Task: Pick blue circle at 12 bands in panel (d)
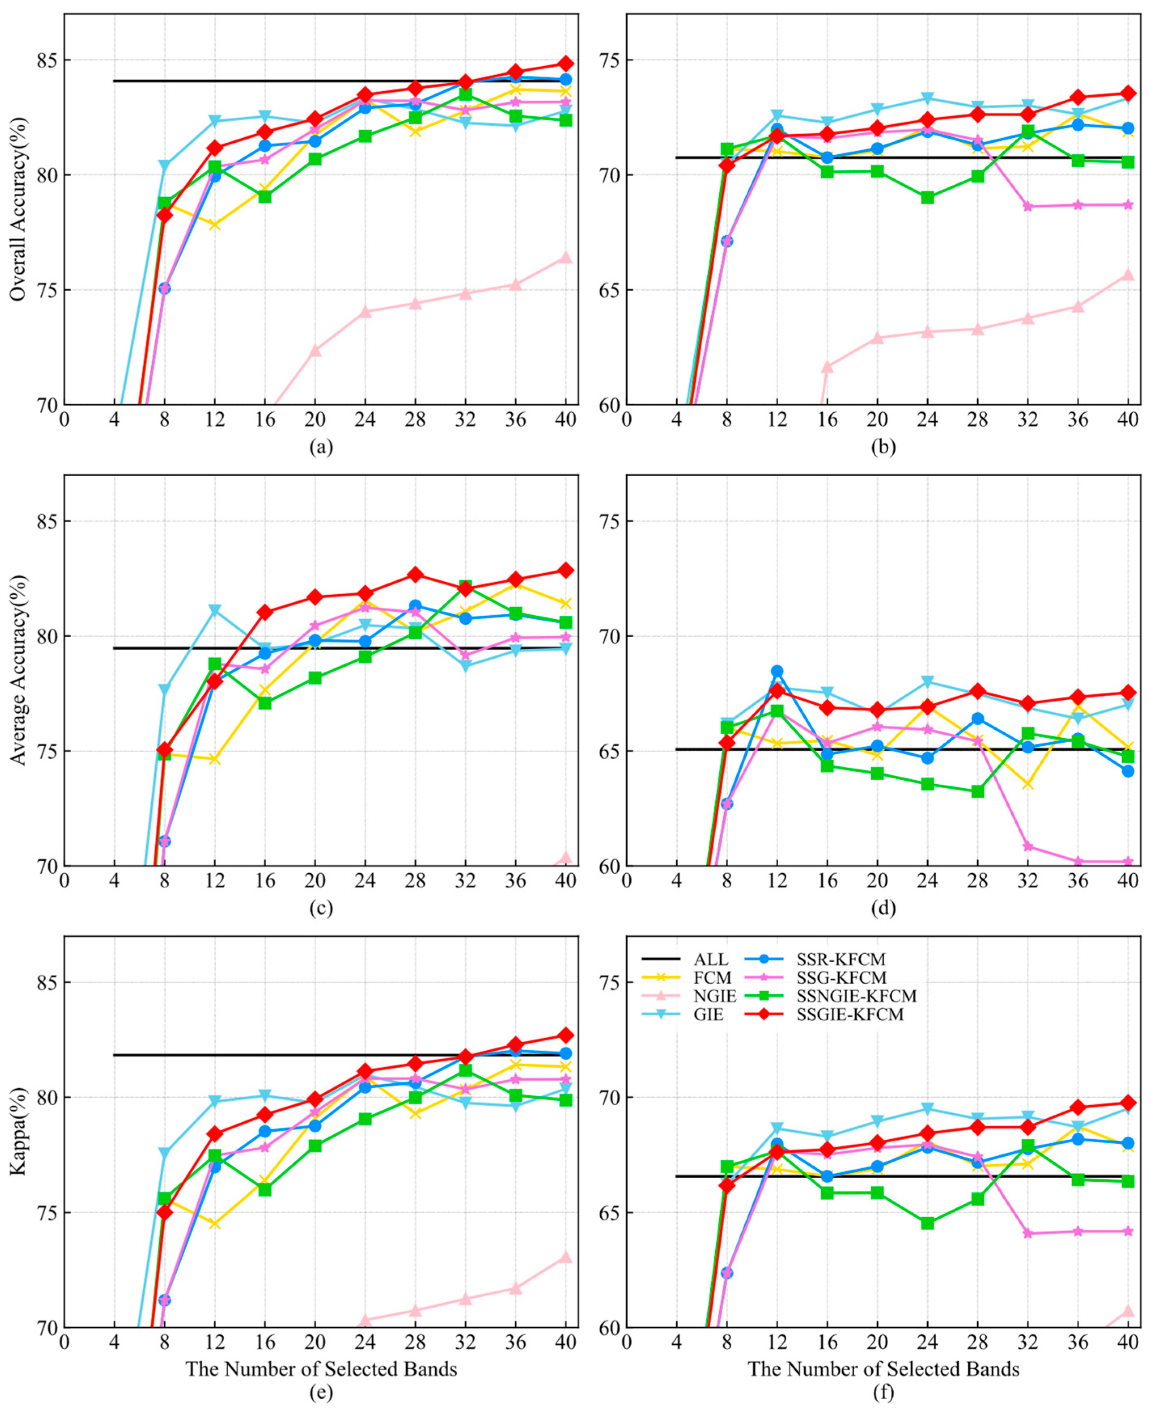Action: pyautogui.click(x=777, y=672)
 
